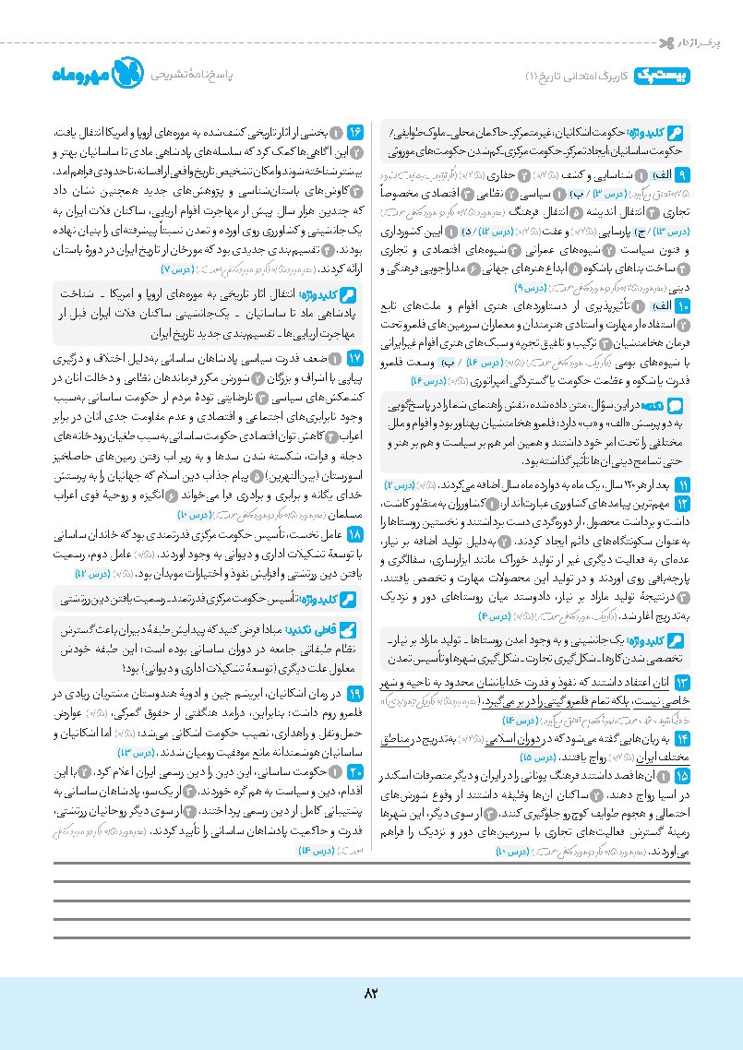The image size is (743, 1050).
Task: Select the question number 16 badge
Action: pyautogui.click(x=355, y=134)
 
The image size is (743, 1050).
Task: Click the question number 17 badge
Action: pyautogui.click(x=355, y=355)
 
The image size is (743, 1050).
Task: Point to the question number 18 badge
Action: pyautogui.click(x=355, y=535)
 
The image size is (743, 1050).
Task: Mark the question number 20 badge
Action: pyautogui.click(x=355, y=745)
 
